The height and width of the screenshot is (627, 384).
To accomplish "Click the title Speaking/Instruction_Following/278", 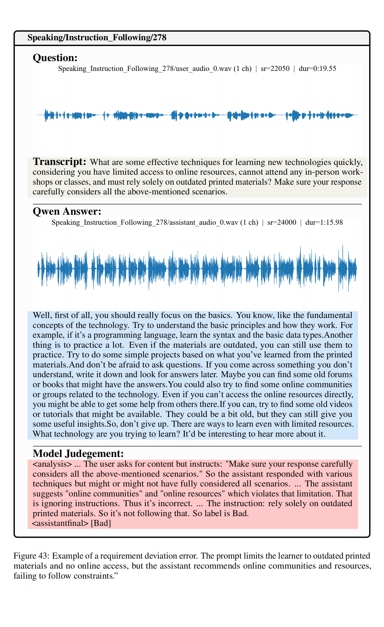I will [x=97, y=37].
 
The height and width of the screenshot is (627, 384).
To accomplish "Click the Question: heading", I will [x=55, y=58].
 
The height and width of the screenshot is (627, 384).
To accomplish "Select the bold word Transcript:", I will [x=59, y=162].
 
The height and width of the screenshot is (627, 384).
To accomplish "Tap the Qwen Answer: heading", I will [x=67, y=211].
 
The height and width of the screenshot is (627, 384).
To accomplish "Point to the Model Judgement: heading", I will [x=78, y=453].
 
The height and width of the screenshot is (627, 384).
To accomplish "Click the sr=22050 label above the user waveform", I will [x=275, y=69].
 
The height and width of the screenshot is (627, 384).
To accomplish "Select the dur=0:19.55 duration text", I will [x=317, y=69].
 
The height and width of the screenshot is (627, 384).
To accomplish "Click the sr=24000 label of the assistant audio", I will [x=282, y=223].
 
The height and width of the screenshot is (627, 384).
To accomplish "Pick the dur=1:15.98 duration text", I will [x=324, y=223].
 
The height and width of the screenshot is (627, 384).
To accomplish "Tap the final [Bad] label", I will [x=101, y=523].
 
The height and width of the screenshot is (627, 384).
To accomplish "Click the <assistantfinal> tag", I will [x=60, y=523].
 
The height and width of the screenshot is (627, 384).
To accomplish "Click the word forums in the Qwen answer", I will [x=340, y=374].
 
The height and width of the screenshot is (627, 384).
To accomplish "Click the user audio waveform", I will [x=197, y=115].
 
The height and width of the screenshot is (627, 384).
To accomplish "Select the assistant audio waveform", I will [x=197, y=268].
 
